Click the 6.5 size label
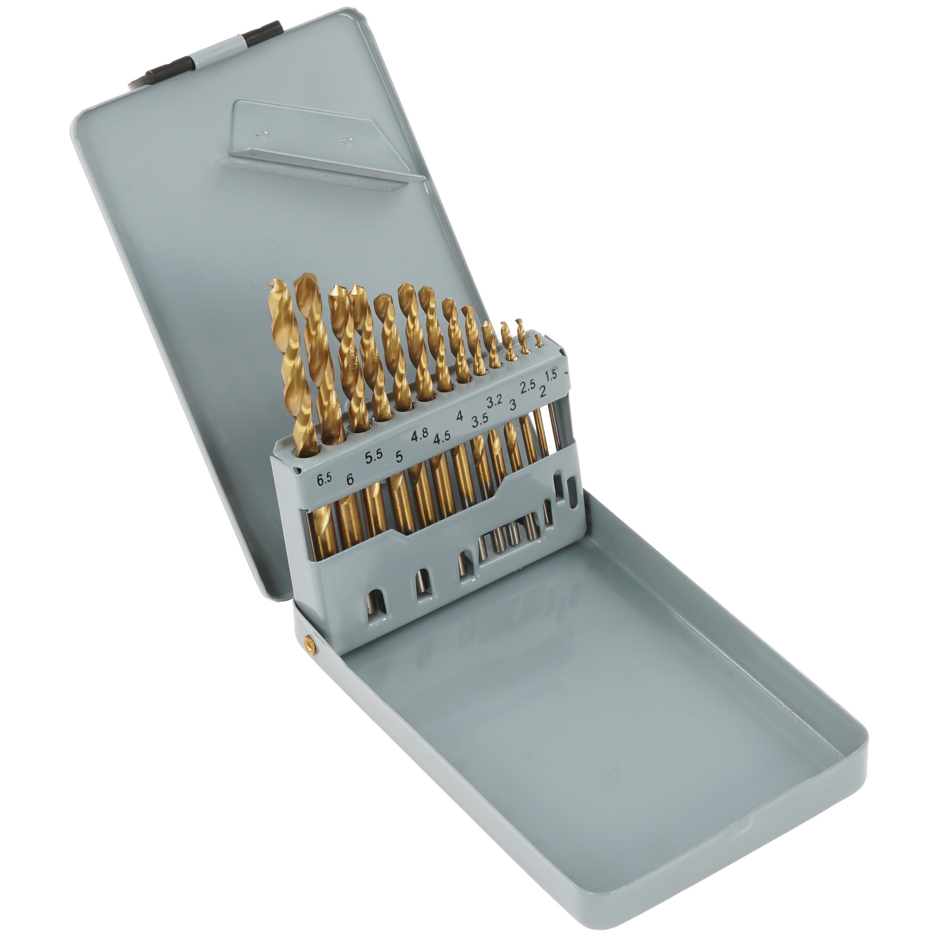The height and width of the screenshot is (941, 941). pos(324,479)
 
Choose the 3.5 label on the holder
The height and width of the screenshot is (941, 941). pos(480,420)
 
